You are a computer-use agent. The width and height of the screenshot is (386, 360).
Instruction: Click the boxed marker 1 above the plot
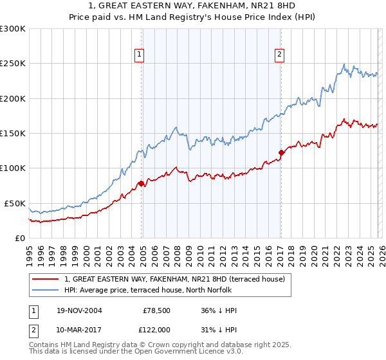(x=139, y=55)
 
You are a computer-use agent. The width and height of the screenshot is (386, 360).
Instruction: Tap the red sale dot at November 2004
(x=141, y=183)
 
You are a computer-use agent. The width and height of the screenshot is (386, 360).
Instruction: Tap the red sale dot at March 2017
(x=281, y=153)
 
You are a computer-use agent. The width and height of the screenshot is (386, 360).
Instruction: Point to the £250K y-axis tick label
(x=13, y=64)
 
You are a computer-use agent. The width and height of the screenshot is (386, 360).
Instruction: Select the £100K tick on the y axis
(x=13, y=168)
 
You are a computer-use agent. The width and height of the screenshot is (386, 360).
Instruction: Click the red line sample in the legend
(x=46, y=279)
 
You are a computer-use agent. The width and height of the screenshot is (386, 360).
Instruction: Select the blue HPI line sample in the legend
(x=46, y=290)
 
